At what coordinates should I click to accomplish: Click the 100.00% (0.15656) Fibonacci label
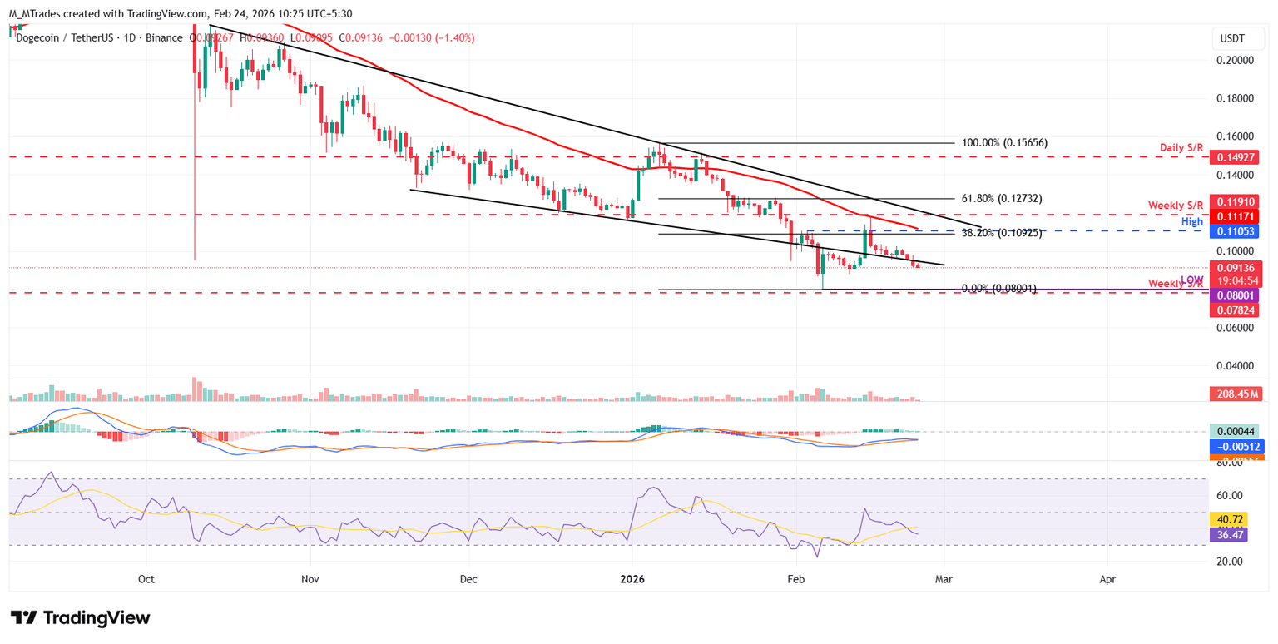click(1004, 143)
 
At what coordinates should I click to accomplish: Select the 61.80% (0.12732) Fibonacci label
click(1002, 199)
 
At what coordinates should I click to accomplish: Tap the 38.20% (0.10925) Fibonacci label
click(1002, 234)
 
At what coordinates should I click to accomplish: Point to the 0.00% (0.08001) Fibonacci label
click(999, 289)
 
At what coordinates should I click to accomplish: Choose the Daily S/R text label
click(1181, 147)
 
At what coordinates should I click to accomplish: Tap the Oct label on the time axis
click(146, 578)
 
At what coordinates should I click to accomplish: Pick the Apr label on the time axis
click(1107, 578)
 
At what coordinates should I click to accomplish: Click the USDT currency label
click(1231, 38)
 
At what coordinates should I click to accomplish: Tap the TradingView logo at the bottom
click(81, 618)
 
